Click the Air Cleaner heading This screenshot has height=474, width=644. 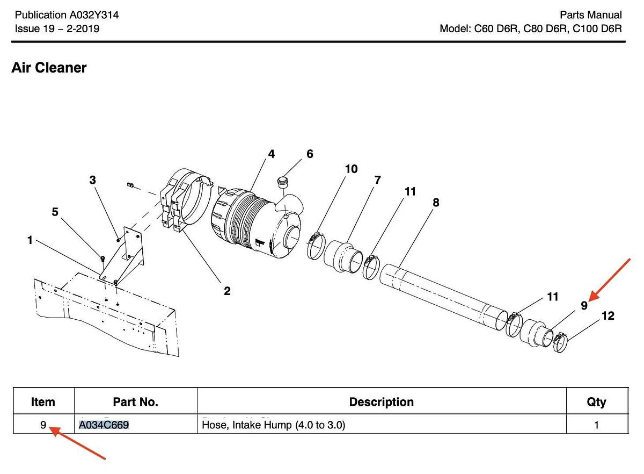[49, 68]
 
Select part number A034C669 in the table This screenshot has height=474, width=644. [104, 425]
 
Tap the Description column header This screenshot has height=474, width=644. [381, 402]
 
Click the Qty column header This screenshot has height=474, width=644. [596, 402]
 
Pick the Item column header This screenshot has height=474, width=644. [43, 402]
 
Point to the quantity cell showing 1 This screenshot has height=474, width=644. [596, 425]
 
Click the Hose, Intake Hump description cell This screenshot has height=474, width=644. [273, 425]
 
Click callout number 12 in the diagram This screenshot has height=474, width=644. [608, 316]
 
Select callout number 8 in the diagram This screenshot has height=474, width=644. [436, 203]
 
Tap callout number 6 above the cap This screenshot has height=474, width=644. [310, 154]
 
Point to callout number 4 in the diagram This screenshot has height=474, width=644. [272, 154]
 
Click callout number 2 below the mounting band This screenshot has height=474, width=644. [227, 291]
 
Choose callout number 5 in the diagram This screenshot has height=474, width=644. [55, 212]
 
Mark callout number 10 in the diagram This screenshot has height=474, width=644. [351, 169]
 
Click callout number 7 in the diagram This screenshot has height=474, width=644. [377, 180]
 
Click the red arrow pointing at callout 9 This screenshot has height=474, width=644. [612, 278]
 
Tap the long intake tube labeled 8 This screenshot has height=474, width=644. [443, 293]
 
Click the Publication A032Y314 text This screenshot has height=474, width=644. [67, 15]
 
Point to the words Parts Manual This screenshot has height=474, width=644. [590, 15]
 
